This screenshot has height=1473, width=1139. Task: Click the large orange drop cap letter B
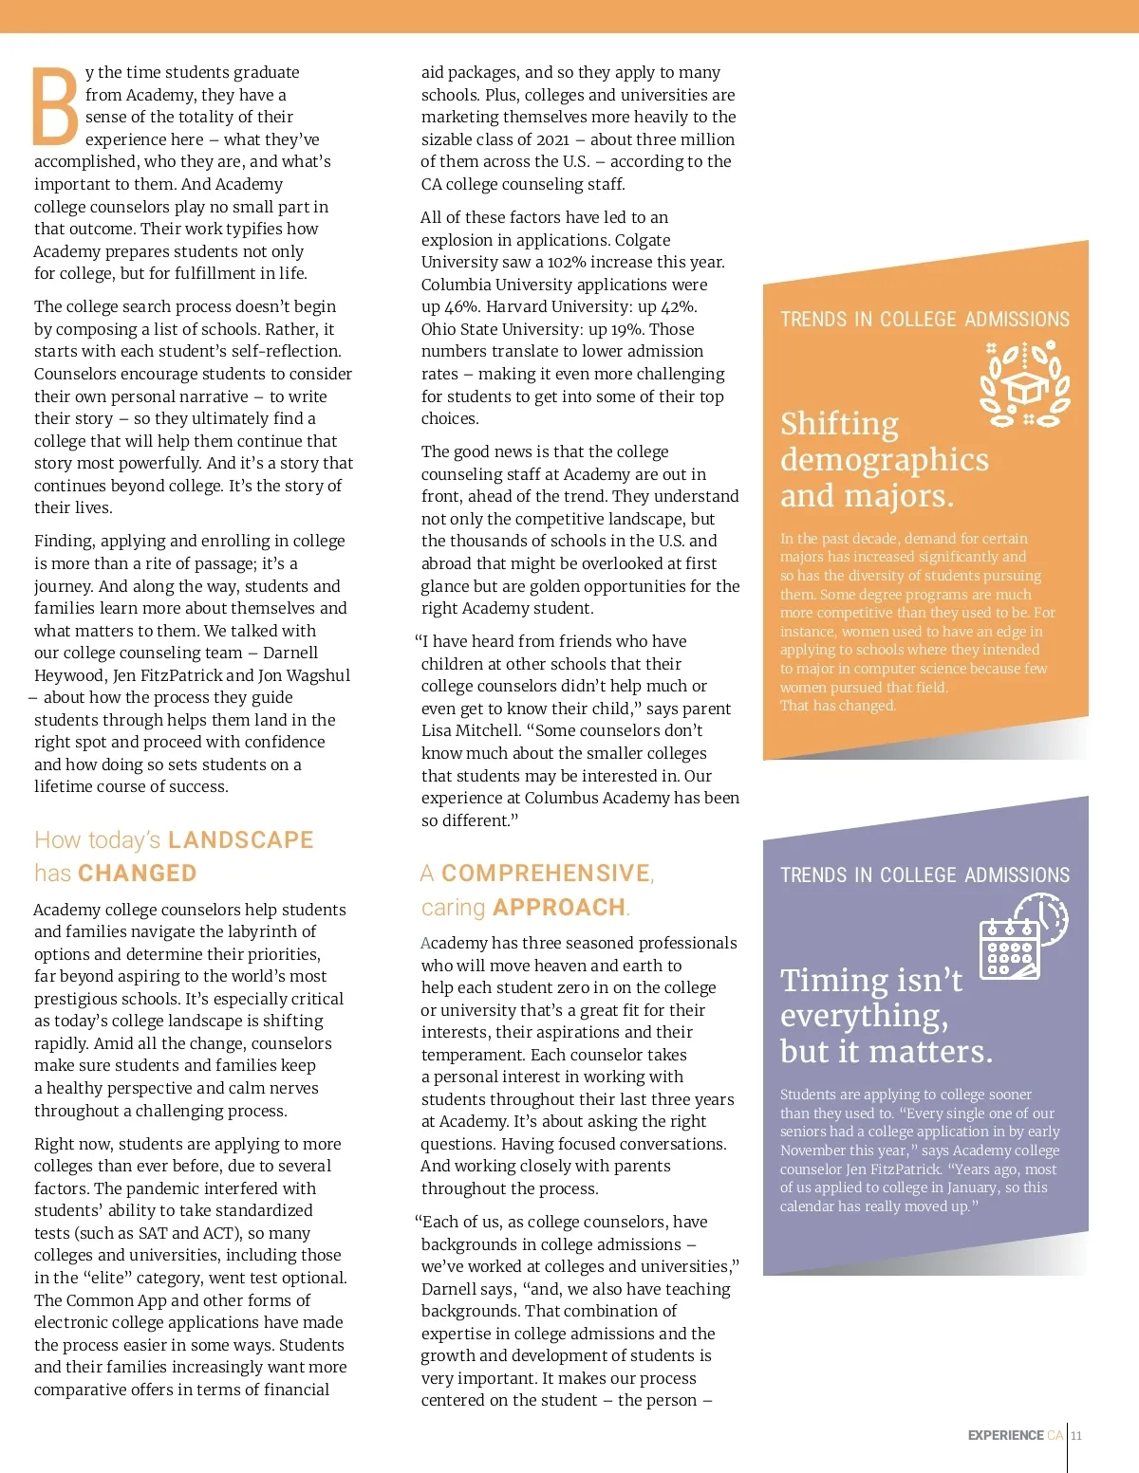pyautogui.click(x=56, y=106)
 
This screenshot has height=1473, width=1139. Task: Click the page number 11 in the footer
pyautogui.click(x=1076, y=1435)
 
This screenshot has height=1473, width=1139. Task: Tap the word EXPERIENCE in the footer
pyautogui.click(x=1005, y=1435)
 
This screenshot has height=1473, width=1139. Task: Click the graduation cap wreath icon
pyautogui.click(x=1025, y=384)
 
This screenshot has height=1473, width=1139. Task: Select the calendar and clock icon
pyautogui.click(x=1023, y=937)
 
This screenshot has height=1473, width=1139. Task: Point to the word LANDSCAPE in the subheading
pyautogui.click(x=240, y=840)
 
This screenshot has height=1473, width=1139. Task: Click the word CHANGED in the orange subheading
pyautogui.click(x=137, y=874)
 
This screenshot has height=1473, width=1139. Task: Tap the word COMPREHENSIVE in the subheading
pyautogui.click(x=547, y=874)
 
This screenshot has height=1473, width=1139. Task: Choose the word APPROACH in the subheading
pyautogui.click(x=559, y=908)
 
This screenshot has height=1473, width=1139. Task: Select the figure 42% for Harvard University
pyautogui.click(x=679, y=307)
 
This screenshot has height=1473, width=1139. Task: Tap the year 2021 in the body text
pyautogui.click(x=552, y=139)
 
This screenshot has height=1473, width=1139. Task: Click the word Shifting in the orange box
pyautogui.click(x=839, y=424)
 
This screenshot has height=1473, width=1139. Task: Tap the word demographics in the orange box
pyautogui.click(x=884, y=460)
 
